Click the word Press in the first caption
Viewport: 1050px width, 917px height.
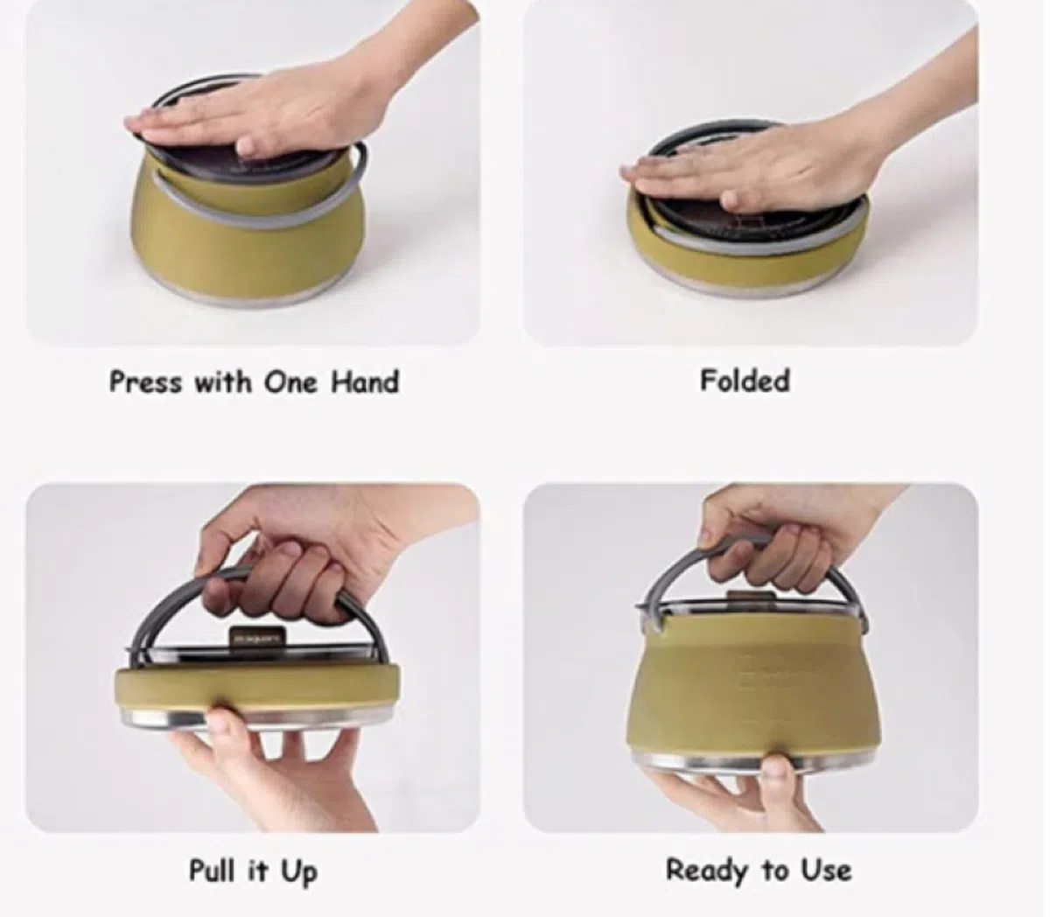point(145,382)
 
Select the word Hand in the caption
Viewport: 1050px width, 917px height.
point(365,382)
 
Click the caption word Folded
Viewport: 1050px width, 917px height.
point(745,381)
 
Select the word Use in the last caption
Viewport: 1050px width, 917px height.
point(826,870)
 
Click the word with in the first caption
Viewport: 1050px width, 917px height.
point(223,382)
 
